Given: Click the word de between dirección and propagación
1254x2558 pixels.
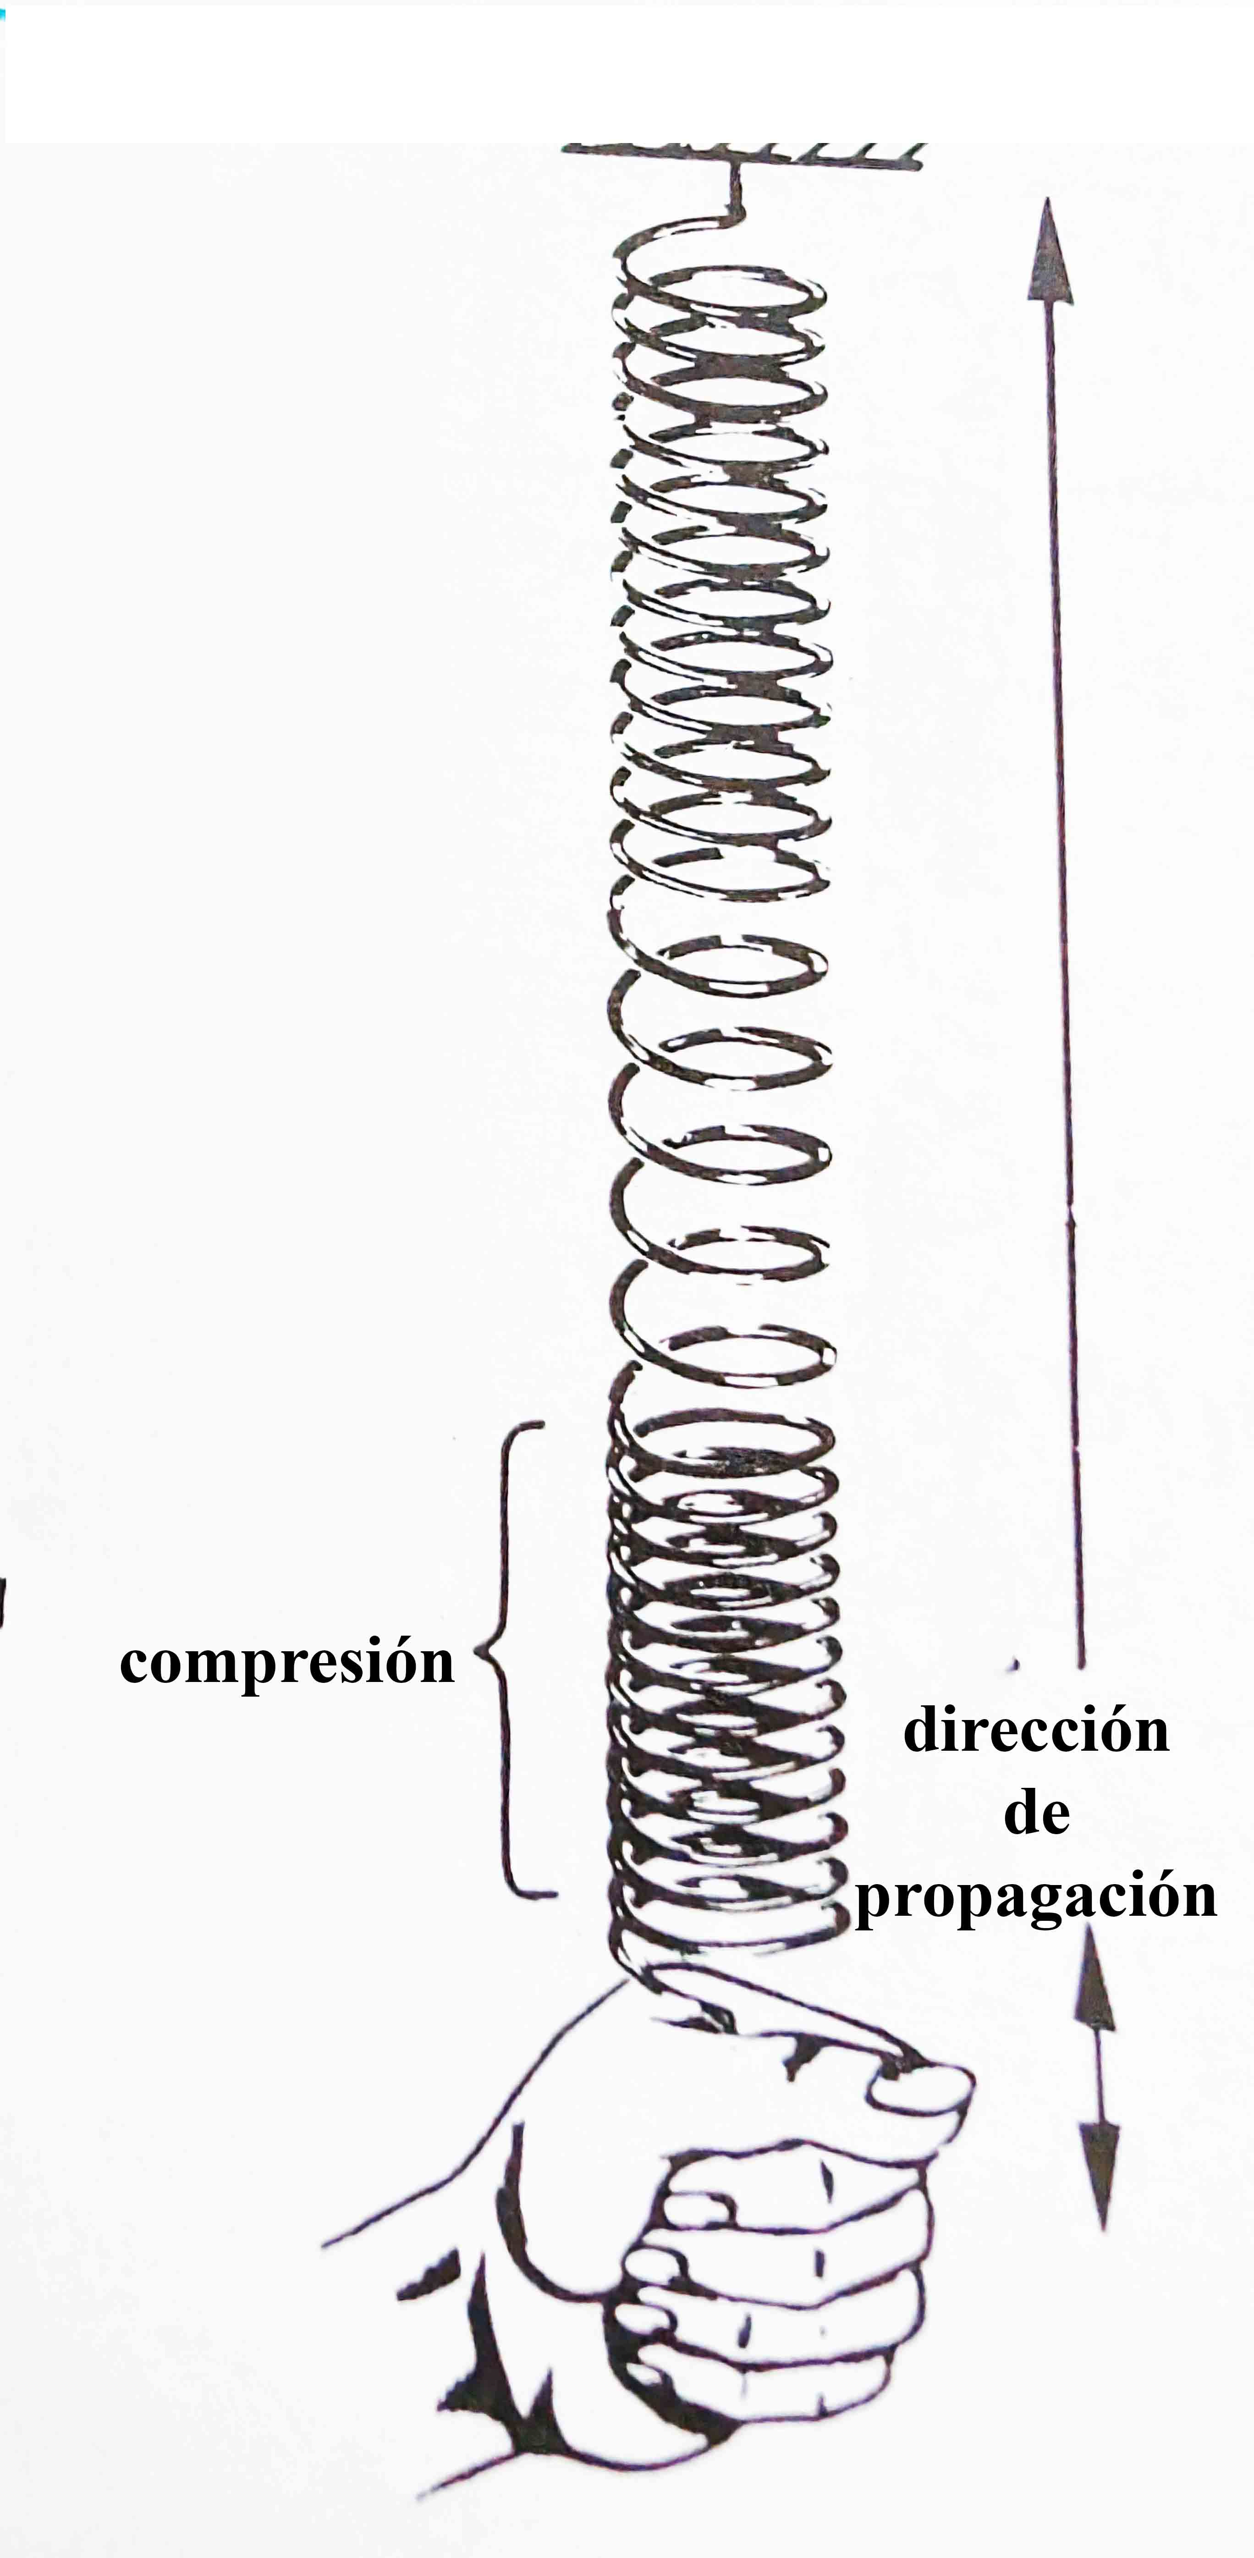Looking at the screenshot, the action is [1037, 1814].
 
